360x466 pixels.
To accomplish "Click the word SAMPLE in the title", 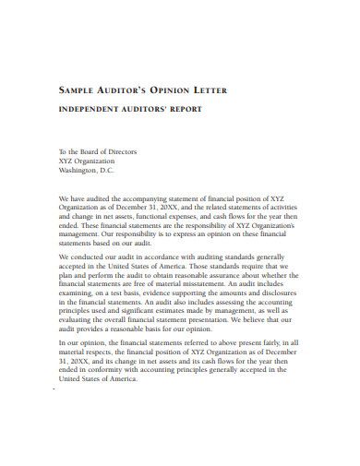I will pyautogui.click(x=79, y=90).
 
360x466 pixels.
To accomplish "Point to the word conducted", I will pyautogui.click(x=91, y=257).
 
